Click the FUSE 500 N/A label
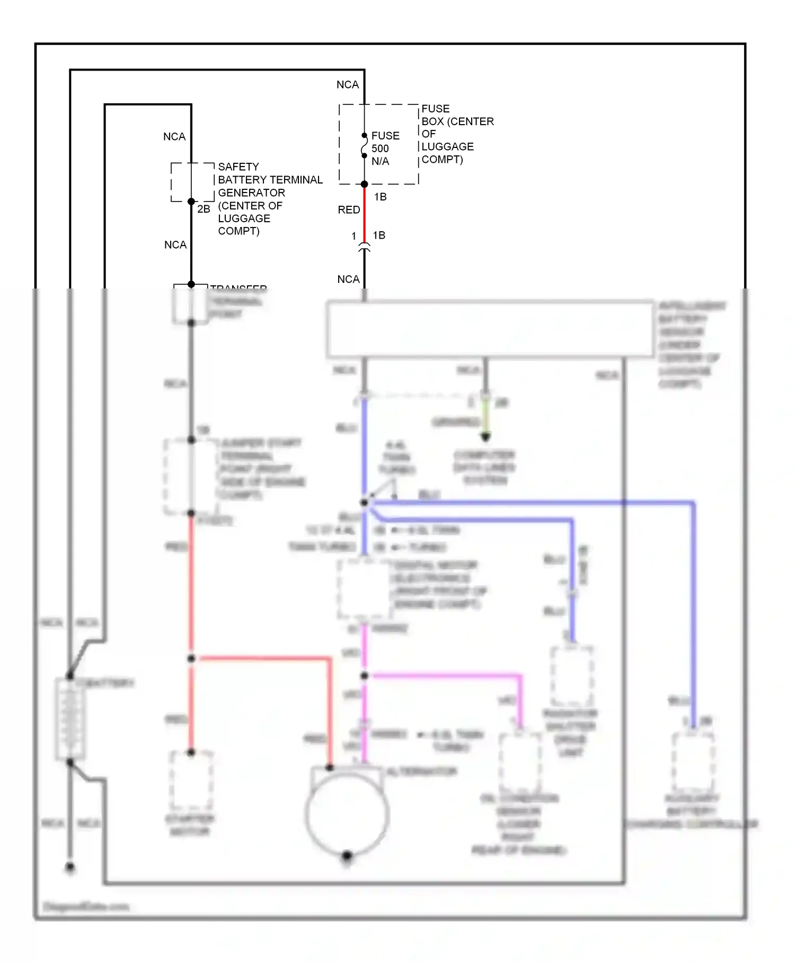pyautogui.click(x=385, y=148)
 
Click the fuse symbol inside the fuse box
pyautogui.click(x=364, y=145)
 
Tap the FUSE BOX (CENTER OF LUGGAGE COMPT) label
pyautogui.click(x=457, y=134)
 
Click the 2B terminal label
pyautogui.click(x=204, y=209)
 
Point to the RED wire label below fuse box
pyautogui.click(x=349, y=210)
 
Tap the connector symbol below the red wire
pyautogui.click(x=364, y=247)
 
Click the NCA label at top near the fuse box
pyautogui.click(x=348, y=85)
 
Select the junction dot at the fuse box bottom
pyautogui.click(x=364, y=184)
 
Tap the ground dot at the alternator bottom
pyautogui.click(x=347, y=855)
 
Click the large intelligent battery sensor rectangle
pyautogui.click(x=490, y=329)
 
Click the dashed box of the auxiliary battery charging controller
pyautogui.click(x=693, y=762)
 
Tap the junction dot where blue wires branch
pyautogui.click(x=364, y=502)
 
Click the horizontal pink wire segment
pyautogui.click(x=445, y=676)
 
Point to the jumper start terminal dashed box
pyautogui.click(x=191, y=476)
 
